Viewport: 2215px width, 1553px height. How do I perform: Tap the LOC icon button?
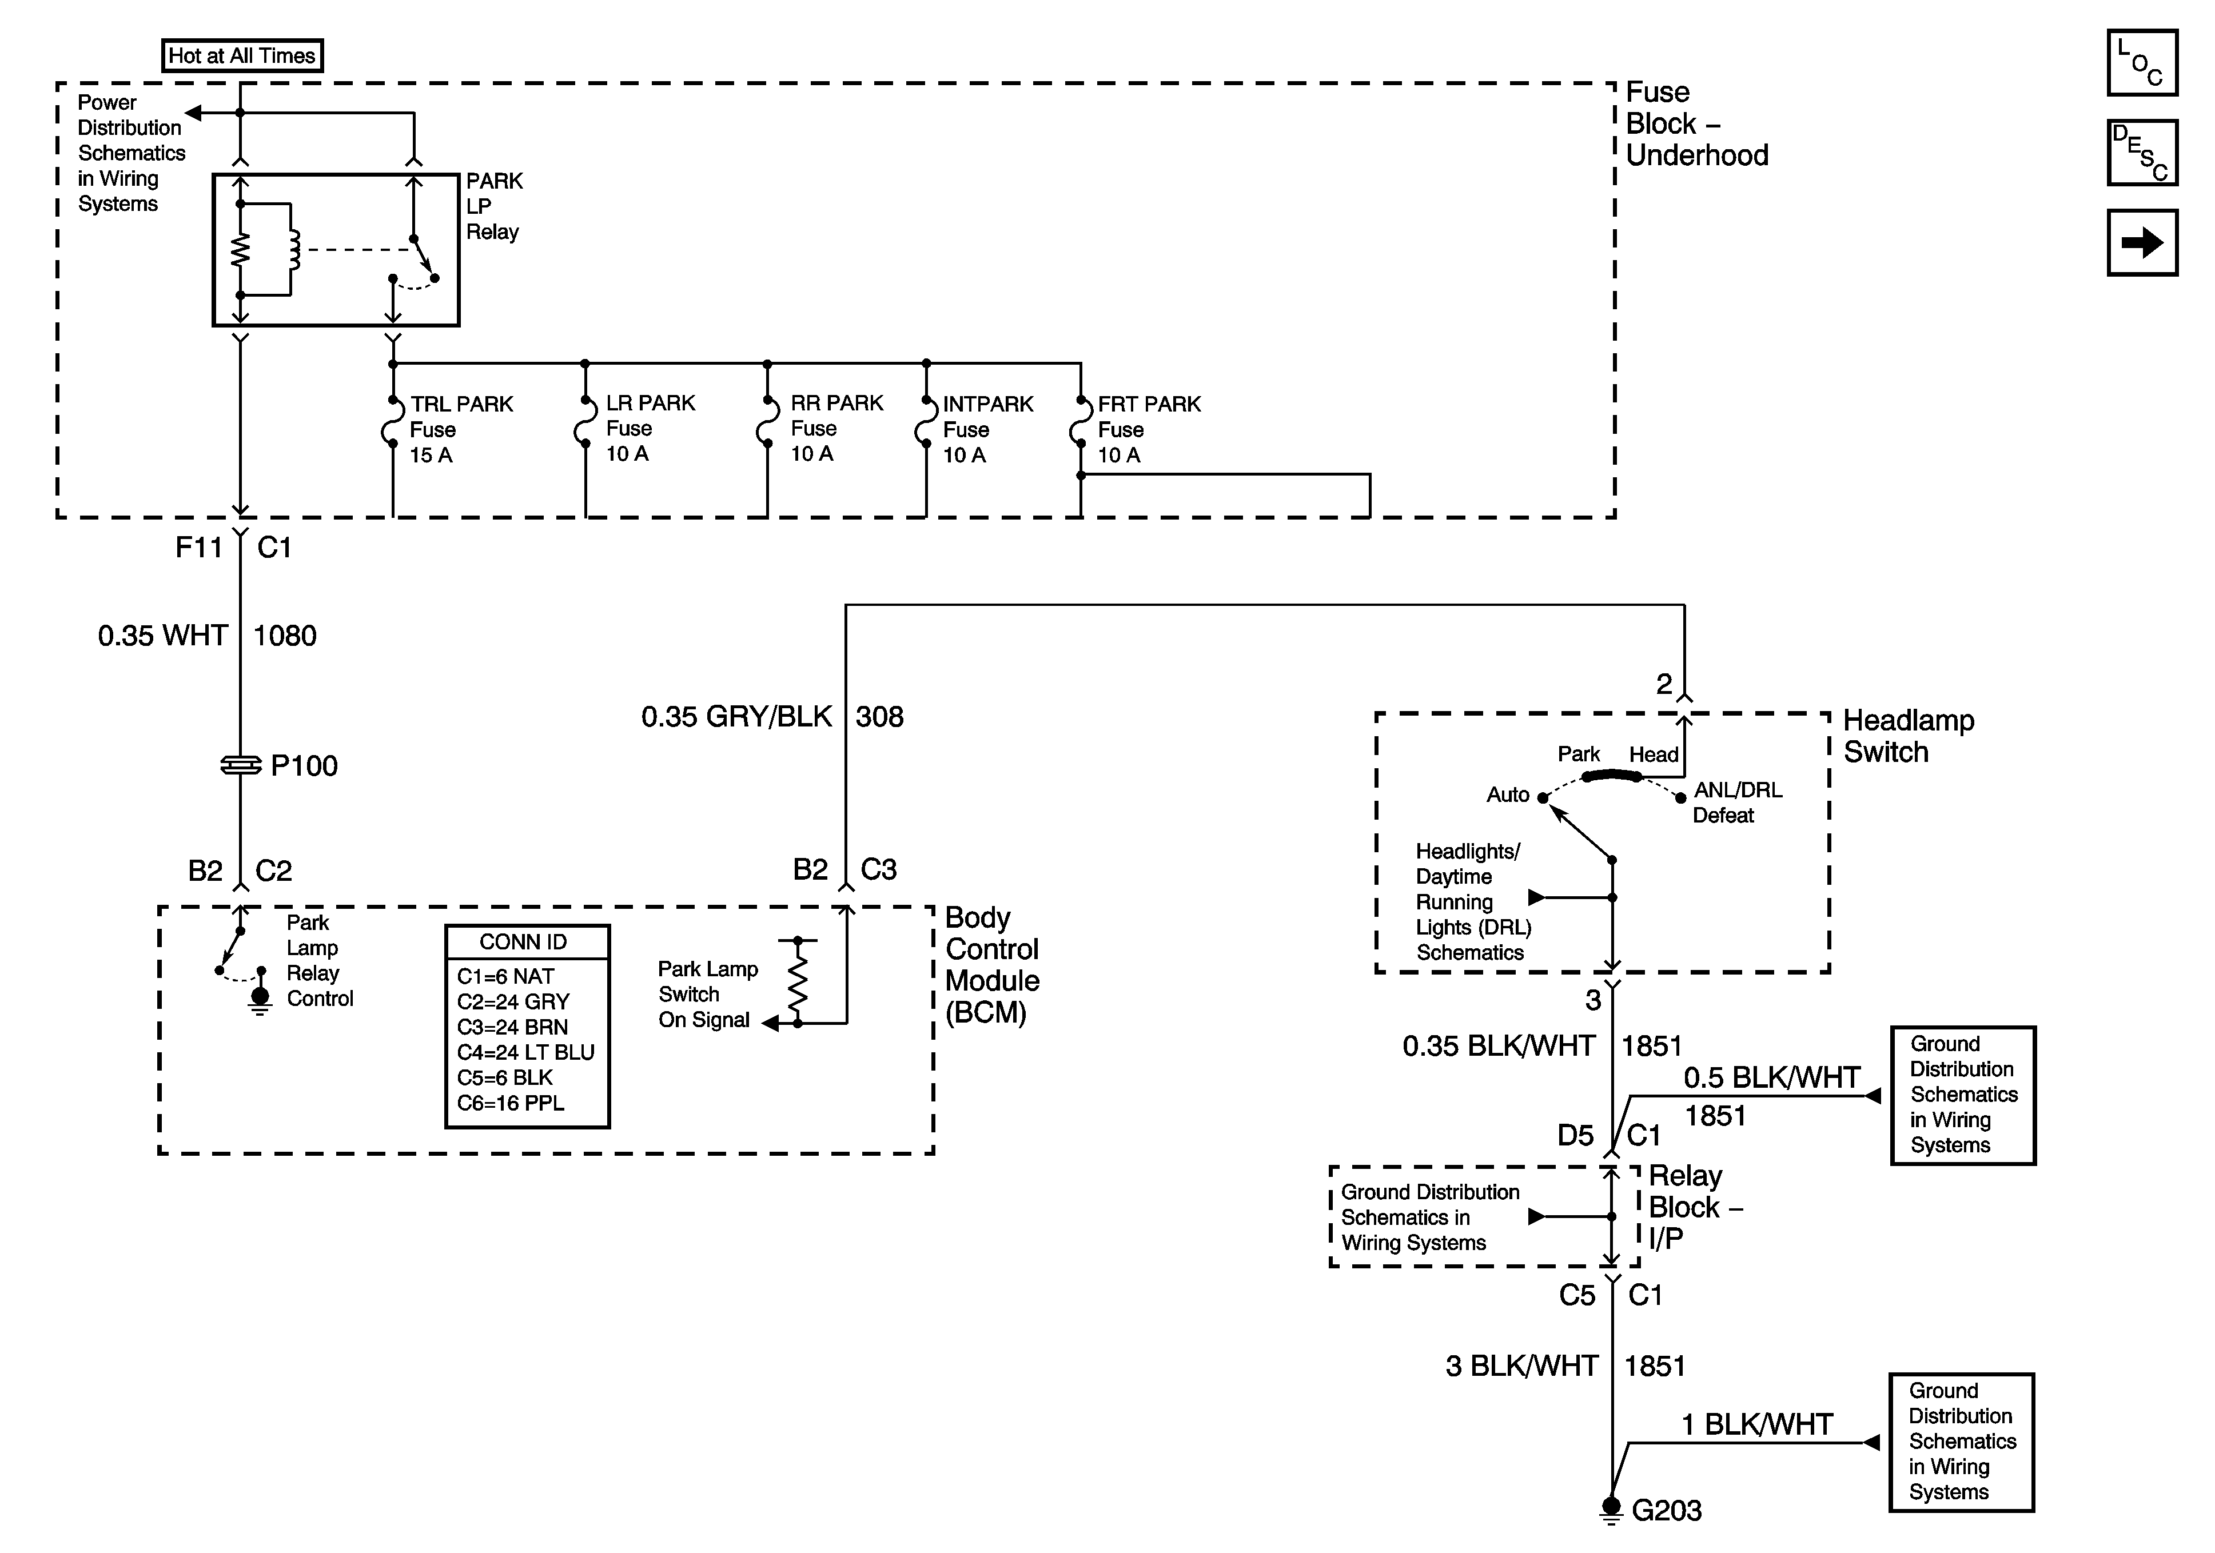(x=2142, y=63)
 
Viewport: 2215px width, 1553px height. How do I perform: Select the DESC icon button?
(x=2142, y=153)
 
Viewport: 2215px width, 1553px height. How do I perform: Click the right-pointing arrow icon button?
(x=2142, y=242)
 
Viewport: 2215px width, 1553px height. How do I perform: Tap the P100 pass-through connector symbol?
(x=241, y=765)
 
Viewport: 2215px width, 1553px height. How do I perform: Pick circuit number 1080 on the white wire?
(x=285, y=636)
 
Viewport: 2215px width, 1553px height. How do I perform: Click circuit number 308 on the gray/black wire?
(x=879, y=717)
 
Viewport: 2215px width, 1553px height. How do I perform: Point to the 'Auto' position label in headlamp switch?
(x=1507, y=795)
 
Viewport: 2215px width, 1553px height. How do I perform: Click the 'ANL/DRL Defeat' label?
(x=1736, y=803)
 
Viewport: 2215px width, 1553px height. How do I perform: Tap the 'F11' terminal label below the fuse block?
(x=199, y=548)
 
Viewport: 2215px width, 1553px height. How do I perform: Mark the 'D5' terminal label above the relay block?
(x=1575, y=1135)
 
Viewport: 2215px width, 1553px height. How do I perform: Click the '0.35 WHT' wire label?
(x=162, y=636)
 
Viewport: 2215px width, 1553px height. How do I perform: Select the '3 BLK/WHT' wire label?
(x=1521, y=1366)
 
